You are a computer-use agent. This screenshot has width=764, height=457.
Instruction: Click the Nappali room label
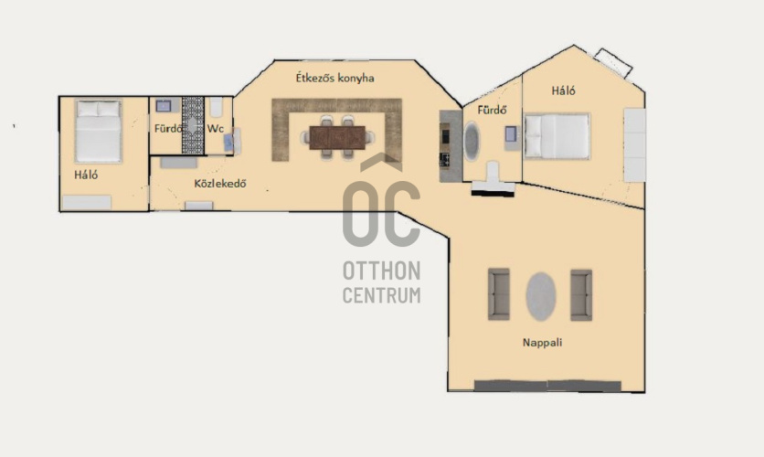click(x=542, y=343)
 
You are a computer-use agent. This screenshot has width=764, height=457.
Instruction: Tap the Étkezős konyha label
click(x=335, y=78)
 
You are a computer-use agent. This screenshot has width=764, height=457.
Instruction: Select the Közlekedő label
click(x=219, y=184)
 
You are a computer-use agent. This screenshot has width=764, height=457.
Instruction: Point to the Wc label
click(x=216, y=129)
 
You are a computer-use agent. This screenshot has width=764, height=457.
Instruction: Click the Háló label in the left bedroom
click(x=86, y=175)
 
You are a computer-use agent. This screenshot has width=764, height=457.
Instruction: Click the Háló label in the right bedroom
click(x=563, y=90)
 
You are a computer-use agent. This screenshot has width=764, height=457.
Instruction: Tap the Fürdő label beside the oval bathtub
click(x=492, y=110)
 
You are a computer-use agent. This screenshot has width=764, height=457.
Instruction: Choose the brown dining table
click(x=337, y=137)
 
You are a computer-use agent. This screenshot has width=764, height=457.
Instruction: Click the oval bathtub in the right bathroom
click(x=472, y=142)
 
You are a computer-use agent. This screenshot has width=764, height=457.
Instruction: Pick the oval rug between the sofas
click(x=541, y=296)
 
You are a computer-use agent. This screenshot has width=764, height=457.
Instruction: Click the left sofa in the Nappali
click(x=498, y=294)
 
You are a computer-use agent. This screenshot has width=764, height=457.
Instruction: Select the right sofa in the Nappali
click(x=581, y=294)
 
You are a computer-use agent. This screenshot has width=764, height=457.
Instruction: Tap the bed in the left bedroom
click(x=98, y=131)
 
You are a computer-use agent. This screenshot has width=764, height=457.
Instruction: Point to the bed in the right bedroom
click(x=557, y=136)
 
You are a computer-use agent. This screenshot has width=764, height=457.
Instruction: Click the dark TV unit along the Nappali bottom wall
click(x=547, y=386)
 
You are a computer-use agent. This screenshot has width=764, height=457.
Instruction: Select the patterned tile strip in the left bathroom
click(x=193, y=125)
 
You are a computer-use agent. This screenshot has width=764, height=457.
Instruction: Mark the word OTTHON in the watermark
click(x=381, y=271)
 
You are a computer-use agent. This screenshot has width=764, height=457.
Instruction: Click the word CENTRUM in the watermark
click(x=381, y=295)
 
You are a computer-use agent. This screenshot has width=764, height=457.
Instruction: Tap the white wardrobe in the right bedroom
click(x=634, y=145)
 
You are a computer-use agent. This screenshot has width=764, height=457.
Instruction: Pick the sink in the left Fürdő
click(x=164, y=106)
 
